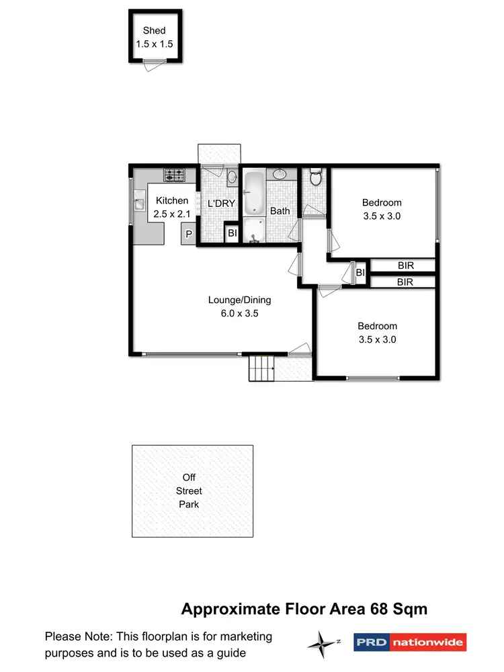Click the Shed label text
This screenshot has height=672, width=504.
(x=154, y=30)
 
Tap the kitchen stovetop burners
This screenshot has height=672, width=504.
(x=175, y=176)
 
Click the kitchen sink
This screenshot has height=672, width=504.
(x=139, y=202)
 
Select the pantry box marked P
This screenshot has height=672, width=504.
(x=189, y=235)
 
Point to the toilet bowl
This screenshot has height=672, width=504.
(x=316, y=178)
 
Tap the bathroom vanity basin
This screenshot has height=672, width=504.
(x=280, y=175)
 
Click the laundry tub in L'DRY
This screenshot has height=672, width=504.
(x=231, y=178)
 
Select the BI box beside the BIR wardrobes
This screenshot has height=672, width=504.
(x=360, y=272)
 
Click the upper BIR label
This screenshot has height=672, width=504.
(x=405, y=266)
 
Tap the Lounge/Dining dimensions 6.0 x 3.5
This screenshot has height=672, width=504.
(x=239, y=313)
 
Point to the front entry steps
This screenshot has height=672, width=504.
(x=263, y=368)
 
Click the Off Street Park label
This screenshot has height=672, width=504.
(x=189, y=491)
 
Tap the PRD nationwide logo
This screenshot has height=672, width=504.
(x=409, y=642)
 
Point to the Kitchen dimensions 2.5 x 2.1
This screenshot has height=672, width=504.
(x=172, y=214)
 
